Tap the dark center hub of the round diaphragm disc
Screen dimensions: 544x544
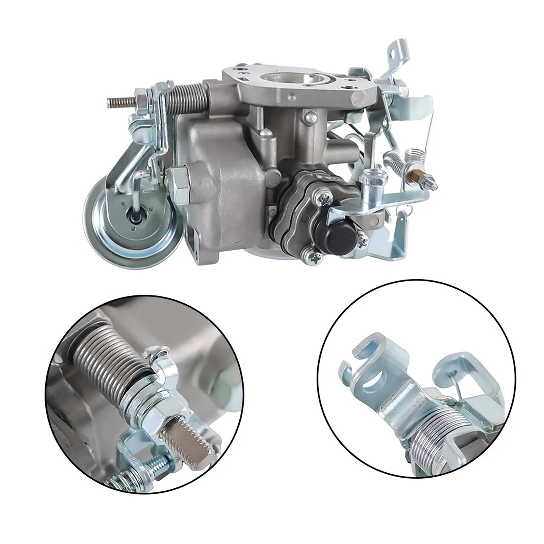click(x=131, y=215)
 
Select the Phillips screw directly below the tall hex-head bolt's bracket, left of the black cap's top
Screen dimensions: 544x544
click(x=323, y=198)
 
